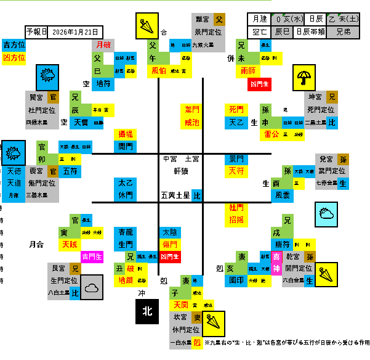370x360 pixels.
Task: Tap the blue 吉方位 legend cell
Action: (x=14, y=45)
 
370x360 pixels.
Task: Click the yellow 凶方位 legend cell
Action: (x=14, y=57)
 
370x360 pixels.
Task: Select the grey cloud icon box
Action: (x=92, y=287)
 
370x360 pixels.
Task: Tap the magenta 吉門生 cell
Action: (x=92, y=256)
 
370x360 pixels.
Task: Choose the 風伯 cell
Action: (x=159, y=71)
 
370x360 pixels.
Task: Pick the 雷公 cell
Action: (x=271, y=134)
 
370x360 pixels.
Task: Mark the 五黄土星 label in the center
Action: (x=174, y=195)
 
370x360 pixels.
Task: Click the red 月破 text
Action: (x=103, y=44)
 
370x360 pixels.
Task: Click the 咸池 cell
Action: (x=192, y=122)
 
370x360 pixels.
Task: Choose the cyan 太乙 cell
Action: (x=126, y=183)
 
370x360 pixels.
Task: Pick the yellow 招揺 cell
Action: (x=236, y=219)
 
